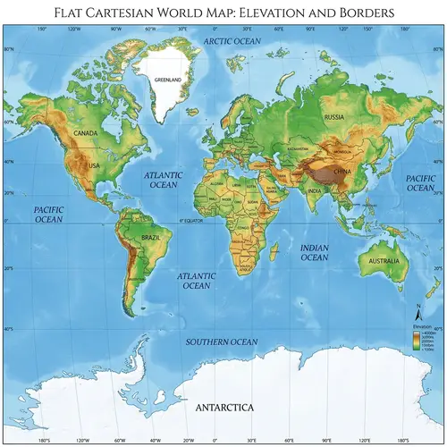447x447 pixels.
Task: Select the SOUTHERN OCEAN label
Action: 221,342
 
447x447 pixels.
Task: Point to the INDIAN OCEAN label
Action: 314,251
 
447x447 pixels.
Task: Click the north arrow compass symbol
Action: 417,313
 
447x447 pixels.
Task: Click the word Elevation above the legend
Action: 421,326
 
